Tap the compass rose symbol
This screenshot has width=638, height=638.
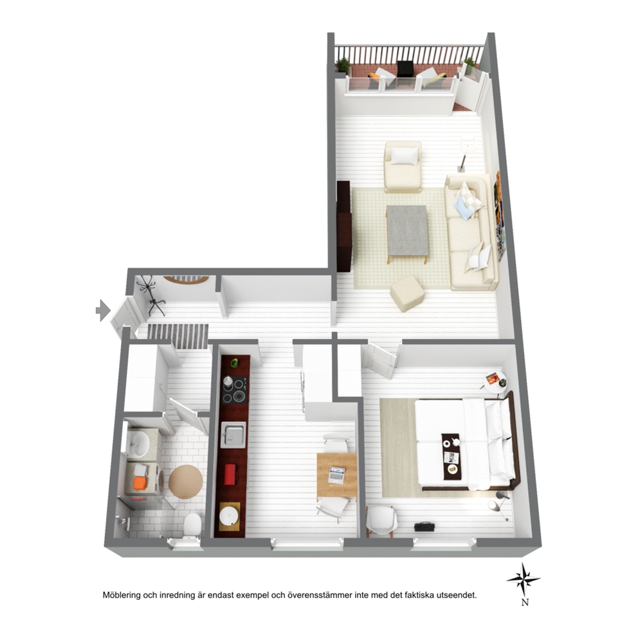point(524,579)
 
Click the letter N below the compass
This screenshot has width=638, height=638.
point(525,602)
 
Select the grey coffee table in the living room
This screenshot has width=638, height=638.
point(407,231)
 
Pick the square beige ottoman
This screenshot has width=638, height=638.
point(407,293)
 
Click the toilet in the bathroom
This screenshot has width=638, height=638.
point(192,525)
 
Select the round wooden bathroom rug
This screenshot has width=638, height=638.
point(186,482)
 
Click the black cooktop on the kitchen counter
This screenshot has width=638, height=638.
point(234,390)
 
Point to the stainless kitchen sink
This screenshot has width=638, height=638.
point(233,435)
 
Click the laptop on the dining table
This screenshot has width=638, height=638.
point(337,475)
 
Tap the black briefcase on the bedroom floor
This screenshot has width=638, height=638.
point(424,527)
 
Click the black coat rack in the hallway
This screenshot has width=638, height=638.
point(151,295)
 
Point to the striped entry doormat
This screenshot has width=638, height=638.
point(178,336)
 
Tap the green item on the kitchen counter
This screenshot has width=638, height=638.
point(234,363)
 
